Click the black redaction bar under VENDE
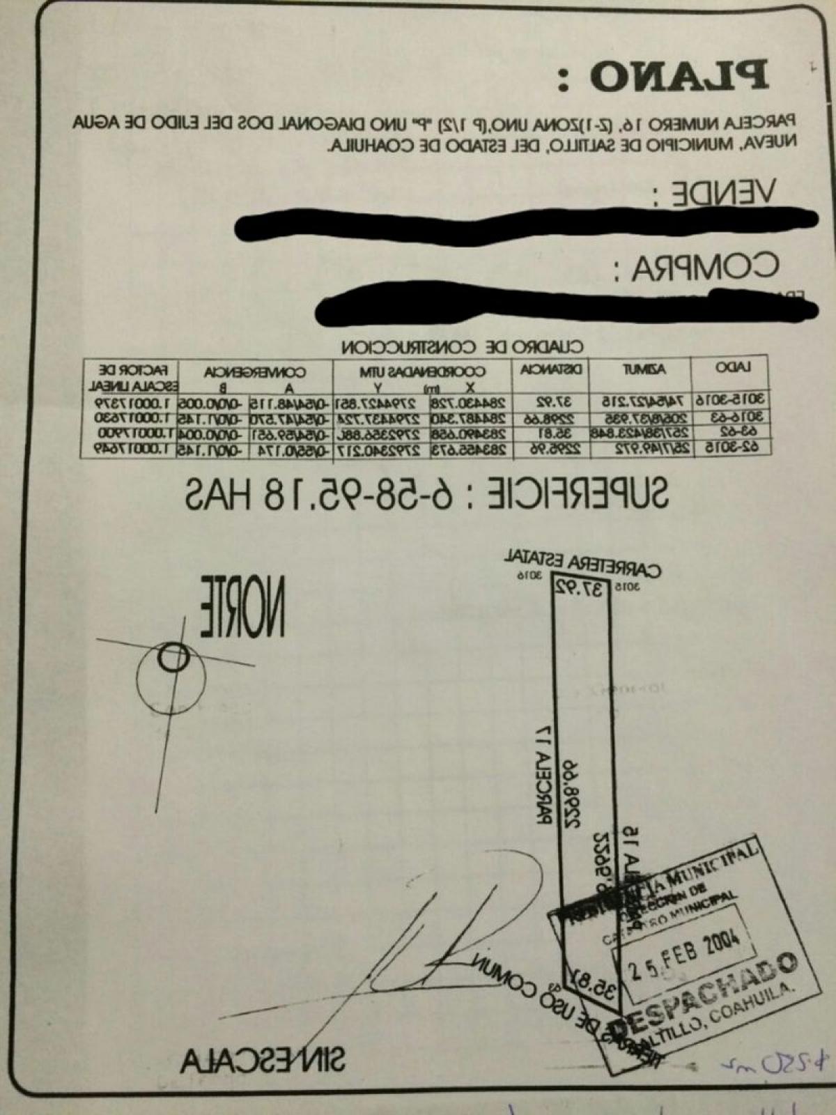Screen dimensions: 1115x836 (x=526, y=221)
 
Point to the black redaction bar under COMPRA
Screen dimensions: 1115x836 (x=564, y=305)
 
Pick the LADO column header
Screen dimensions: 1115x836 (x=732, y=368)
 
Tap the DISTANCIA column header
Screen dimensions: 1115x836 (x=551, y=369)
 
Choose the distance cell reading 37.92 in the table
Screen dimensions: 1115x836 (x=553, y=402)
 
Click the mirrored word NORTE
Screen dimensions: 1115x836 (x=243, y=606)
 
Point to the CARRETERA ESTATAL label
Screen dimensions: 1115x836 (x=581, y=564)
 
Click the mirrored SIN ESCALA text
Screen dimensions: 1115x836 (x=263, y=1061)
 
